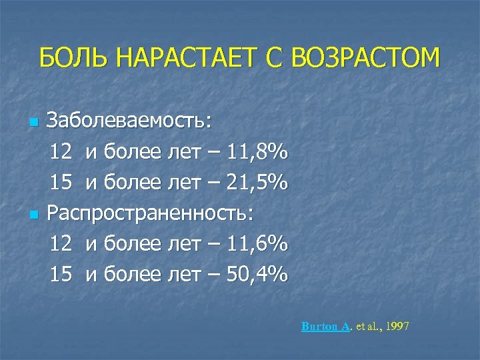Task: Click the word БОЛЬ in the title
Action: click(72, 58)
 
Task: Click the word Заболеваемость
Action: click(131, 122)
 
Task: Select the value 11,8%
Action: click(257, 153)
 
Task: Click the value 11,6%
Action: click(257, 244)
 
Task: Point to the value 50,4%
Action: click(257, 274)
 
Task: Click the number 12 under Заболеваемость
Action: click(61, 153)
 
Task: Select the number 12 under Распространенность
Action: click(61, 244)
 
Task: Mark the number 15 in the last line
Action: click(61, 274)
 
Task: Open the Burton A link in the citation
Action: click(325, 327)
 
